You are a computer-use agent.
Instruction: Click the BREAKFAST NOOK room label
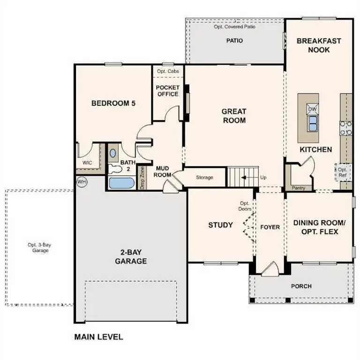click(x=319, y=45)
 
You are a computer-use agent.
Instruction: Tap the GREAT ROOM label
click(x=234, y=116)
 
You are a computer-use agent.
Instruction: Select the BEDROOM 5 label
click(x=113, y=103)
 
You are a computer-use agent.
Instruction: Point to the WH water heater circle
click(x=82, y=181)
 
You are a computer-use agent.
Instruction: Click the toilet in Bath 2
click(x=113, y=153)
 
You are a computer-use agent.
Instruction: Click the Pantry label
click(x=298, y=188)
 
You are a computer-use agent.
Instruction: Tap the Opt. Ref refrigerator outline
click(x=343, y=172)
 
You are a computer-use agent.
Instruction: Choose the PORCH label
click(x=301, y=286)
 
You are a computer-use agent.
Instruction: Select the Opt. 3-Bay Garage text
click(x=38, y=247)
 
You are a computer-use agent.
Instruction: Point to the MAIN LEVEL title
click(x=98, y=337)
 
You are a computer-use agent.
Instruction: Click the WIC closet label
click(x=87, y=163)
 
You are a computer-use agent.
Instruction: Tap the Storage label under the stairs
click(x=204, y=177)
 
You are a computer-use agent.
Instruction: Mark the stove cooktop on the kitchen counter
click(x=346, y=128)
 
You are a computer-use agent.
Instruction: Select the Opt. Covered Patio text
click(x=234, y=27)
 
